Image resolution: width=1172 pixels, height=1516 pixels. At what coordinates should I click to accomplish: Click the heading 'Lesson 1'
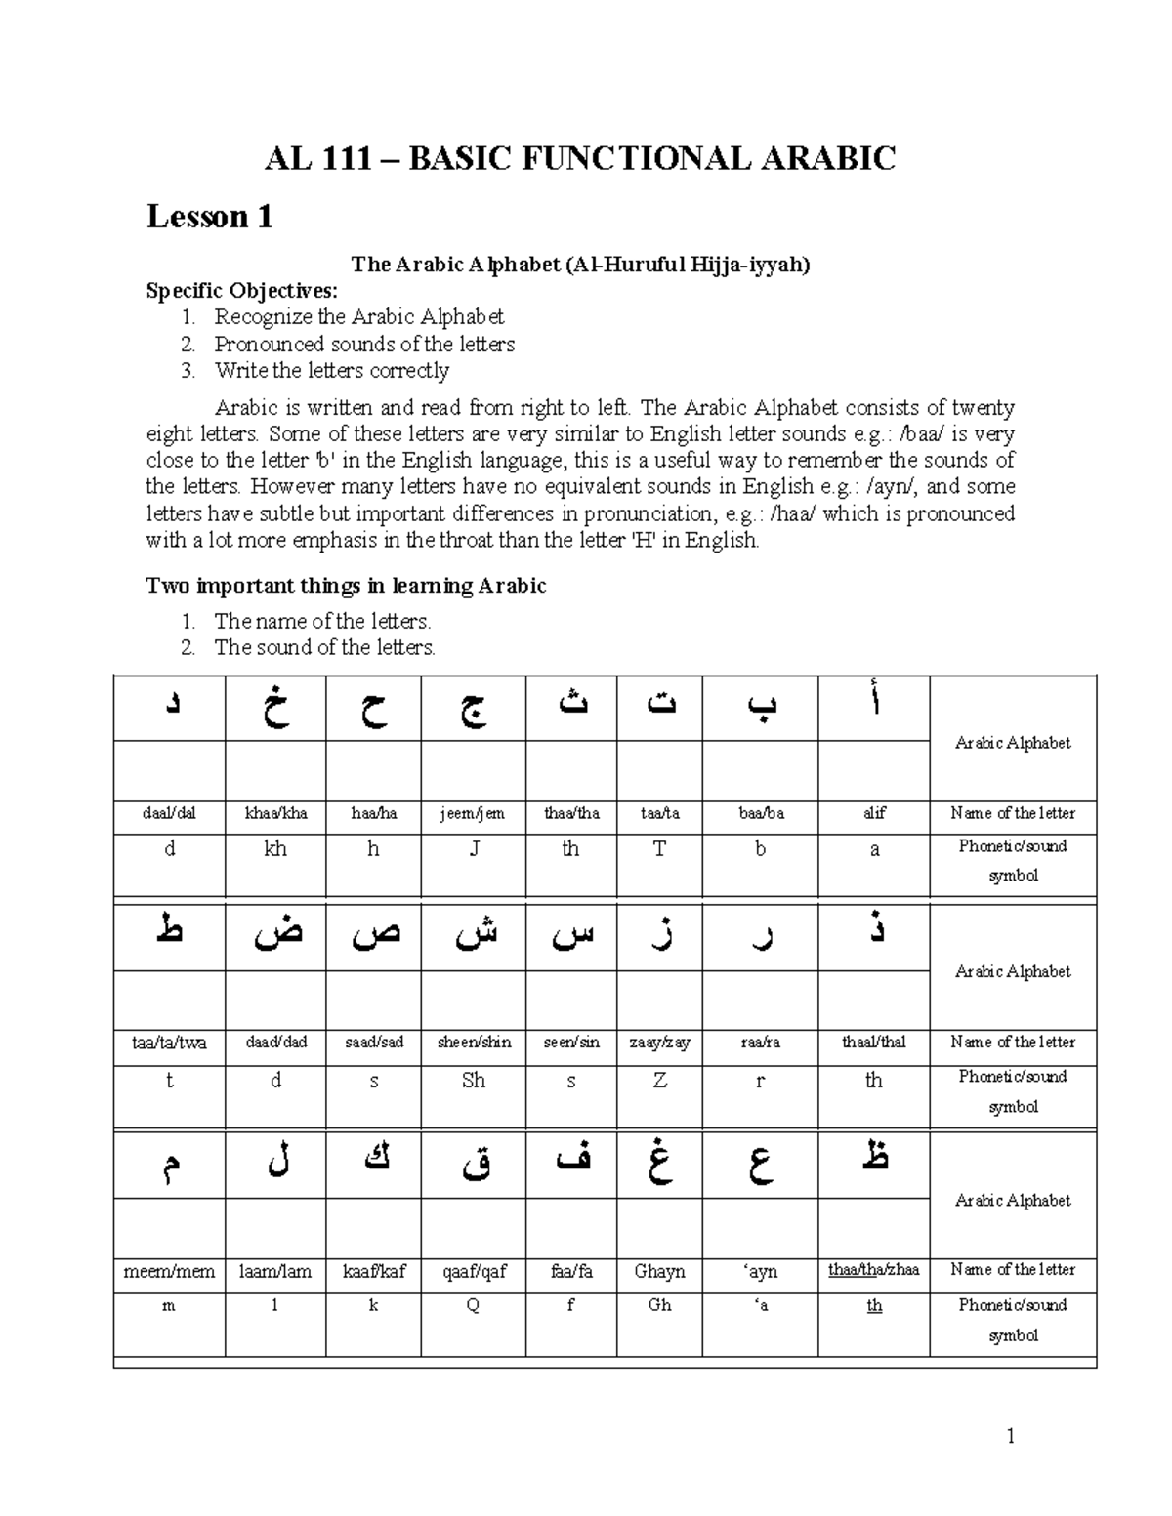(x=209, y=217)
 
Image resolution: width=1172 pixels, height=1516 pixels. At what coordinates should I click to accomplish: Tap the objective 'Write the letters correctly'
(x=331, y=371)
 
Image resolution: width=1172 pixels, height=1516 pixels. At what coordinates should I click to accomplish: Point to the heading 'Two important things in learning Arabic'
(x=346, y=586)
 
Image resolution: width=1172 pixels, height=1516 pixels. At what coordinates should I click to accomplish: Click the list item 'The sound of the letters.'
(x=324, y=647)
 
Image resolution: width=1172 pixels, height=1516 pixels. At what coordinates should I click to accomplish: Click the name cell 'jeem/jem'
(x=473, y=814)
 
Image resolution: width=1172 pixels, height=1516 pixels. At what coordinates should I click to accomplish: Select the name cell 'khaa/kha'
(x=275, y=814)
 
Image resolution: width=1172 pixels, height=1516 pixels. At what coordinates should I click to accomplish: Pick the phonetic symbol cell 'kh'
(x=275, y=849)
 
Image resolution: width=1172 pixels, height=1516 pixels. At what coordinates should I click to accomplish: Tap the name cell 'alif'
(x=874, y=814)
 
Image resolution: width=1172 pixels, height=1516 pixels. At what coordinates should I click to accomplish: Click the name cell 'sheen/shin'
(x=473, y=1043)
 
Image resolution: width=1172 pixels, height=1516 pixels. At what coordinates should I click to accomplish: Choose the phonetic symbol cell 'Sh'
(x=473, y=1081)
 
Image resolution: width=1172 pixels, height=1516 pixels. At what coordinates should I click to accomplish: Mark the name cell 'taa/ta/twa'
(x=169, y=1043)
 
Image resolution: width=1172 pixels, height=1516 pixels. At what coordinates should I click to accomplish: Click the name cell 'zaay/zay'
(x=659, y=1043)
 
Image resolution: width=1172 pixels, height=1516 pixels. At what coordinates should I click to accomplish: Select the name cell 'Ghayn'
(x=659, y=1272)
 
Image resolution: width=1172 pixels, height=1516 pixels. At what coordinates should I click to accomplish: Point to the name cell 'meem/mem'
(x=169, y=1272)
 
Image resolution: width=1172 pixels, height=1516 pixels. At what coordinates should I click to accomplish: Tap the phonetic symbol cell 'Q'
(x=473, y=1306)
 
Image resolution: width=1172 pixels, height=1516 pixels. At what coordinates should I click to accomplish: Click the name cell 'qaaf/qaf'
(x=473, y=1272)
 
